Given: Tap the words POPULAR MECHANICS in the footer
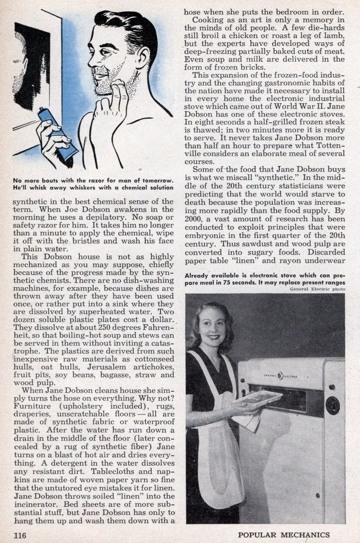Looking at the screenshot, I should click(x=284, y=535).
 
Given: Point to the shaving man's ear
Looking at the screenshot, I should click(x=142, y=58).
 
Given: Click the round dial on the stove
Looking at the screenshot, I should click(x=332, y=405).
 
